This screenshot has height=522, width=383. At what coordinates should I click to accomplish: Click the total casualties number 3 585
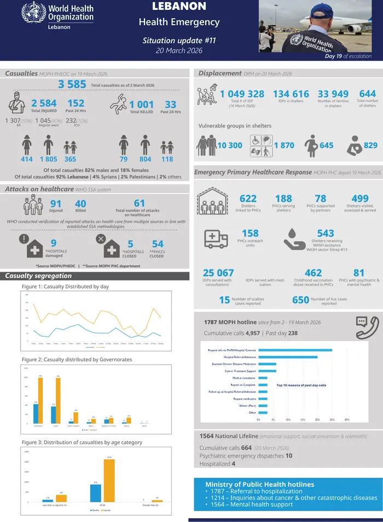click(72, 84)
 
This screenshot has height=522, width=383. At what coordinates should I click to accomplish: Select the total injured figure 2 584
click(44, 103)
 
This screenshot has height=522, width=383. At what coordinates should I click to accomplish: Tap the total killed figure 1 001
click(142, 104)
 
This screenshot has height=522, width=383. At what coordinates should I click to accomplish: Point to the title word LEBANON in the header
click(179, 7)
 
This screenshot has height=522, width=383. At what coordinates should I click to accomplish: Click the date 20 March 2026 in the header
click(179, 50)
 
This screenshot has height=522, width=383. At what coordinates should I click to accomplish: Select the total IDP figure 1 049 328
click(242, 94)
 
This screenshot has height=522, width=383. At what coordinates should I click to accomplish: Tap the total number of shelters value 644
click(367, 94)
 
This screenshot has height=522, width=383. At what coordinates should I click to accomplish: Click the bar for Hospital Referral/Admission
click(288, 357)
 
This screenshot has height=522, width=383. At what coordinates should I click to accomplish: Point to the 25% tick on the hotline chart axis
click(332, 420)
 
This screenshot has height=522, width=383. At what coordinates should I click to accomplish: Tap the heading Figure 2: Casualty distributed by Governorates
click(77, 359)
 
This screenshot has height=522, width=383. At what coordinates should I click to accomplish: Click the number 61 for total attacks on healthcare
click(140, 203)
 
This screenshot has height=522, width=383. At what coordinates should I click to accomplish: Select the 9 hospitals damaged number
click(53, 243)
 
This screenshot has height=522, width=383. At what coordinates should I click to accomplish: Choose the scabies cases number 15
click(224, 300)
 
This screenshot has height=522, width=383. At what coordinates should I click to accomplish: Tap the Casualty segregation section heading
click(38, 275)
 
